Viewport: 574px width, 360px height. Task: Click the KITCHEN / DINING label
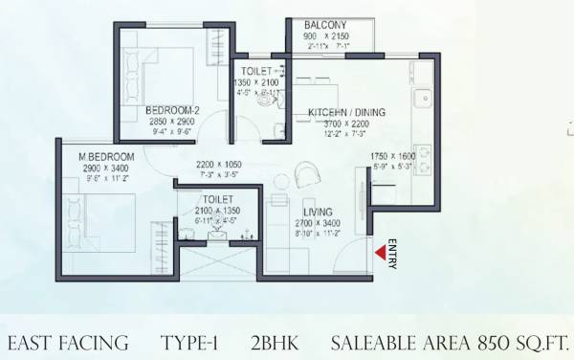pyautogui.click(x=346, y=113)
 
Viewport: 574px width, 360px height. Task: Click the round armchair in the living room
pyautogui.click(x=309, y=173)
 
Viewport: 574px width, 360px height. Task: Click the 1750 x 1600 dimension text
pyautogui.click(x=393, y=155)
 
